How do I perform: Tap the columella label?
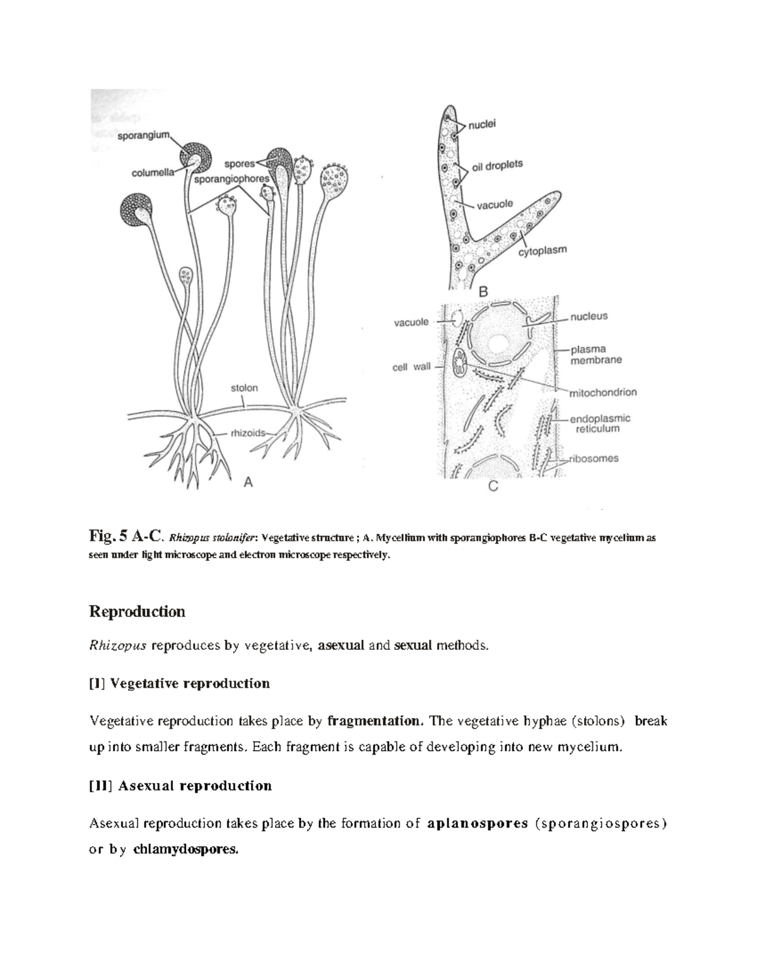pyautogui.click(x=153, y=174)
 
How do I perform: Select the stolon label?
pyautogui.click(x=244, y=388)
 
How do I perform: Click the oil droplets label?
pyautogui.click(x=498, y=165)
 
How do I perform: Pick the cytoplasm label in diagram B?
pyautogui.click(x=543, y=251)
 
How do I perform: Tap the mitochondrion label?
pyautogui.click(x=603, y=392)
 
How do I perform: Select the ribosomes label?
pyautogui.click(x=594, y=458)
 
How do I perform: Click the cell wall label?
pyautogui.click(x=411, y=367)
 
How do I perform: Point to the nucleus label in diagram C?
pyautogui.click(x=589, y=316)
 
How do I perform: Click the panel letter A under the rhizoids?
pyautogui.click(x=248, y=482)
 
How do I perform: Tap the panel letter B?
pyautogui.click(x=484, y=292)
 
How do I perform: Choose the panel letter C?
pyautogui.click(x=493, y=487)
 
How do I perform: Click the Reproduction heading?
pyautogui.click(x=137, y=611)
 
